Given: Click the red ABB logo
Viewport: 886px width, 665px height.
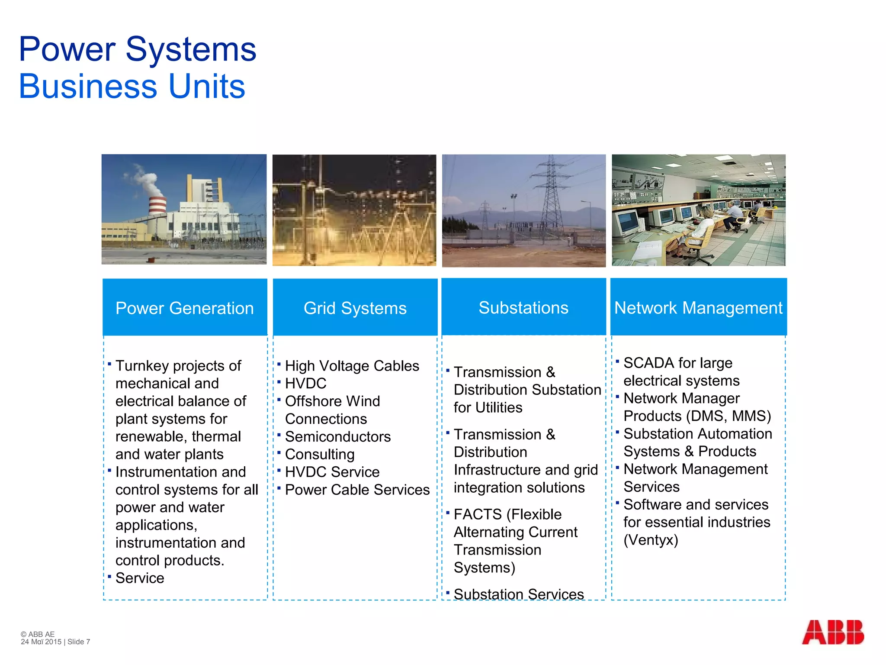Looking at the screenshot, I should tap(832, 632).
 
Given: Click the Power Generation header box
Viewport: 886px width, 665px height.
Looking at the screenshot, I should tap(185, 307).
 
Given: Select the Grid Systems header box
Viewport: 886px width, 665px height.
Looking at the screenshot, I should tap(355, 307).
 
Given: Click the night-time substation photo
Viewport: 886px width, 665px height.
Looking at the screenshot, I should tap(354, 210).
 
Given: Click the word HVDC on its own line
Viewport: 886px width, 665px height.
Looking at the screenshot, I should tap(305, 384).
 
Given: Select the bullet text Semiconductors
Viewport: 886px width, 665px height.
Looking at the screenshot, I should tap(337, 436).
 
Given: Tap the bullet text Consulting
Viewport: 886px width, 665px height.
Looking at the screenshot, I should tap(320, 454).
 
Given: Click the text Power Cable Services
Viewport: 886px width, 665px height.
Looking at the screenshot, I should tap(357, 490).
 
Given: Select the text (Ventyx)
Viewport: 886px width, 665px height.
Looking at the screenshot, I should tap(651, 540).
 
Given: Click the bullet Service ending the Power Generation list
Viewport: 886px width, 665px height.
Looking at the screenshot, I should tap(140, 578).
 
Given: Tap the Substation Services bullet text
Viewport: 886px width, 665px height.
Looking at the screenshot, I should tap(519, 594).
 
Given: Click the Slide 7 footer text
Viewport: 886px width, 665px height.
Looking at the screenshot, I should tap(79, 642).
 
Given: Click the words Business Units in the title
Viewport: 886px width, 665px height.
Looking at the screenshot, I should tap(132, 86).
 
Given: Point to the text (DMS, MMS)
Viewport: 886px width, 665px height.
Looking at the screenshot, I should tap(728, 416).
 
